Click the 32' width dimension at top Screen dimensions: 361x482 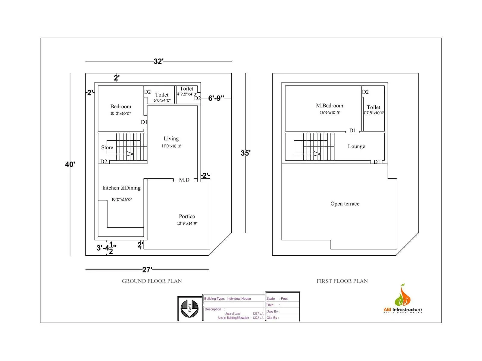pyautogui.click(x=158, y=61)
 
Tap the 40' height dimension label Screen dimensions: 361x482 pyautogui.click(x=70, y=164)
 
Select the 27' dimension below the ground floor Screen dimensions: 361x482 pyautogui.click(x=147, y=270)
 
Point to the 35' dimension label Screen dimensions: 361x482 pyautogui.click(x=246, y=153)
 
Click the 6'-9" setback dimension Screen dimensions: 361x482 pyautogui.click(x=216, y=98)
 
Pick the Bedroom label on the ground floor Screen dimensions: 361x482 pyautogui.click(x=120, y=106)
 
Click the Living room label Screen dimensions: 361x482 pyautogui.click(x=171, y=139)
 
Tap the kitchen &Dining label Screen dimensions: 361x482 pyautogui.click(x=121, y=188)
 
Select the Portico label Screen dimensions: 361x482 pyautogui.click(x=187, y=217)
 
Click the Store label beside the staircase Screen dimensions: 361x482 pyautogui.click(x=107, y=147)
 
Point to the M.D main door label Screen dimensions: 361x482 pyautogui.click(x=184, y=180)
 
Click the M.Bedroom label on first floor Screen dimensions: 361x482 pyautogui.click(x=330, y=106)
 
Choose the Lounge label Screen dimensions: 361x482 pyautogui.click(x=356, y=147)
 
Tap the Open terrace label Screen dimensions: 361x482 pyautogui.click(x=345, y=204)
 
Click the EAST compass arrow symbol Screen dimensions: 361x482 pyautogui.click(x=189, y=308)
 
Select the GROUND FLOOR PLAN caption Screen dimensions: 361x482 pyautogui.click(x=152, y=281)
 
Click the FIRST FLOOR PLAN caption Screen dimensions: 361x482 pyautogui.click(x=342, y=281)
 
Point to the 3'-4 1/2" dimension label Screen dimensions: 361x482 pyautogui.click(x=106, y=248)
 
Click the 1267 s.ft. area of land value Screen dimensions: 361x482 pyautogui.click(x=258, y=313)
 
